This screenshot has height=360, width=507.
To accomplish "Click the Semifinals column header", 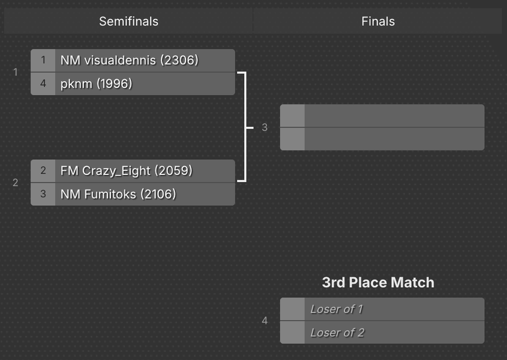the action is coord(129,21).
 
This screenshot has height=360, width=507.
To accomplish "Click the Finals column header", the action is coord(378,21).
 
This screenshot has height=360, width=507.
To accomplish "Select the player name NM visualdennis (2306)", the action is coord(129,60).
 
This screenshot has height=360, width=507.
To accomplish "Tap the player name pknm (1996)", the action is coord(96,84).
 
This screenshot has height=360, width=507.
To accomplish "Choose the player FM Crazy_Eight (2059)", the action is coord(126,171).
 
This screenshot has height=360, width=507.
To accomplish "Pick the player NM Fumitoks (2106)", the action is coord(118,194).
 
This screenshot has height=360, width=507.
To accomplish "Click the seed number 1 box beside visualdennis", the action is coord(43,60).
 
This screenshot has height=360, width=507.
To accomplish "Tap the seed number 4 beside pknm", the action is coord(43,83).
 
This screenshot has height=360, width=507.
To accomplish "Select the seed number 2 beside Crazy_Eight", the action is coord(43,171).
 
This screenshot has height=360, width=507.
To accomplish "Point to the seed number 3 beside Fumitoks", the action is coord(43,194).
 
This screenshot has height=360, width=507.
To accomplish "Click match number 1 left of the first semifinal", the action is coord(15,72).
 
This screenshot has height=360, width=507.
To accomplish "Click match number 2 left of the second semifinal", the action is coord(15,183).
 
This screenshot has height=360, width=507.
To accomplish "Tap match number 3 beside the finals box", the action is coord(265,127).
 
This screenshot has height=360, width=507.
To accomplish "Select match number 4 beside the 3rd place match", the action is coord(265,321).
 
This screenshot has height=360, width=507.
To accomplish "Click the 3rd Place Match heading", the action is coord(378,282).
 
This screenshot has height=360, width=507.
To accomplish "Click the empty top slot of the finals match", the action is coord(382,116).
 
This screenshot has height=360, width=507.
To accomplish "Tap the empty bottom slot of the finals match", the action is coord(382,139).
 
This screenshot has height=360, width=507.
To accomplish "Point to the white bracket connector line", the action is coord(246,127).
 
